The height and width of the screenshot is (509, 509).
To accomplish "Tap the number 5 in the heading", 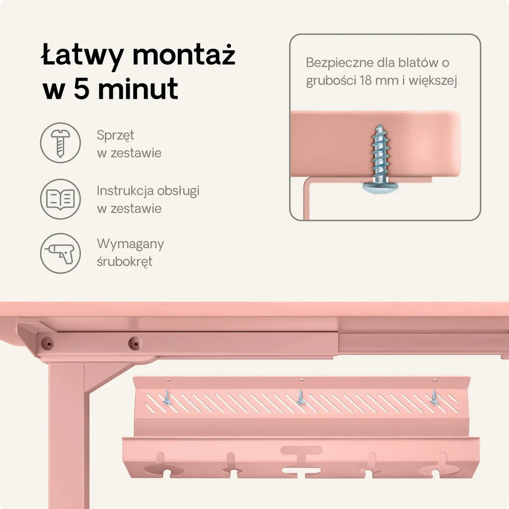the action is [81, 88].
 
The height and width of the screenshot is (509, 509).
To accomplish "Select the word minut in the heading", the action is [138, 88].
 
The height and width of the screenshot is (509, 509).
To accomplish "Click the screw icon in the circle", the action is [61, 143].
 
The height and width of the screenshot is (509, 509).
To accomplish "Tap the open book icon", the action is [61, 199].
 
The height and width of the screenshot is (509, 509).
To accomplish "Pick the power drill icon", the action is [61, 253].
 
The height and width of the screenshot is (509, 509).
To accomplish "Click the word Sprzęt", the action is [115, 135].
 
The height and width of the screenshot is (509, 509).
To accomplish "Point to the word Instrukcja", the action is [125, 191].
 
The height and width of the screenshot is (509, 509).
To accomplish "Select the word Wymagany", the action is [130, 244].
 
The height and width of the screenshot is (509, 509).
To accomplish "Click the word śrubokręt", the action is [125, 262].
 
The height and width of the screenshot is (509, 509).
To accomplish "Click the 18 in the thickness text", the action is [365, 80].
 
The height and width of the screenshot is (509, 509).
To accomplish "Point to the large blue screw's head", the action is [380, 188].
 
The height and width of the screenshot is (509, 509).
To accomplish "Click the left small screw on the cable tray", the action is [166, 398].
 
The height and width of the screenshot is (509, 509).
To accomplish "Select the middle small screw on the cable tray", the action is [301, 398].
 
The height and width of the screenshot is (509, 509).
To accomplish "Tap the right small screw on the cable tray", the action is [434, 398].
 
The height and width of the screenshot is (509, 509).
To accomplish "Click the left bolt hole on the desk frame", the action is [47, 343].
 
